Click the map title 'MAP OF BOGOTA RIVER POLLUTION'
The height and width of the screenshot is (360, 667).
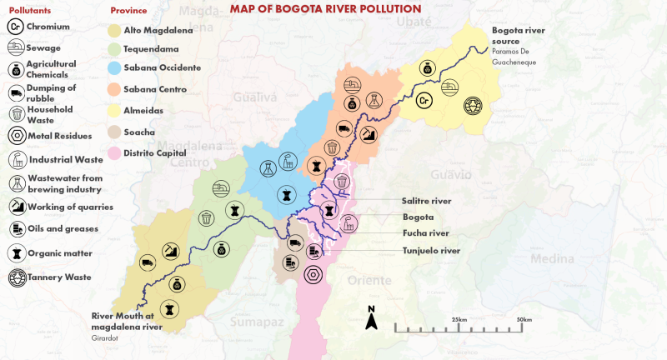[x=325, y=9]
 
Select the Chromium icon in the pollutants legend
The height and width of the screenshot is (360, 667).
[x=14, y=27]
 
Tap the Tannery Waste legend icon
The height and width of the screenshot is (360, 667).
[x=14, y=277]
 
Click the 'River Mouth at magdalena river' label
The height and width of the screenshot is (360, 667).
[x=135, y=322]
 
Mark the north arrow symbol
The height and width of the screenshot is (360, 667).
[x=373, y=317]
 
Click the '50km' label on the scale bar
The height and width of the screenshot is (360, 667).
[x=524, y=320]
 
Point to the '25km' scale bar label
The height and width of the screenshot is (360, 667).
[x=459, y=320]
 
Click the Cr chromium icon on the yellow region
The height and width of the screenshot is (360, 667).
[x=424, y=102]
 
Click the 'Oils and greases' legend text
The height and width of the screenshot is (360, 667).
[x=63, y=228]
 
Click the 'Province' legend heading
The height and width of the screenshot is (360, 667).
[x=128, y=12]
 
